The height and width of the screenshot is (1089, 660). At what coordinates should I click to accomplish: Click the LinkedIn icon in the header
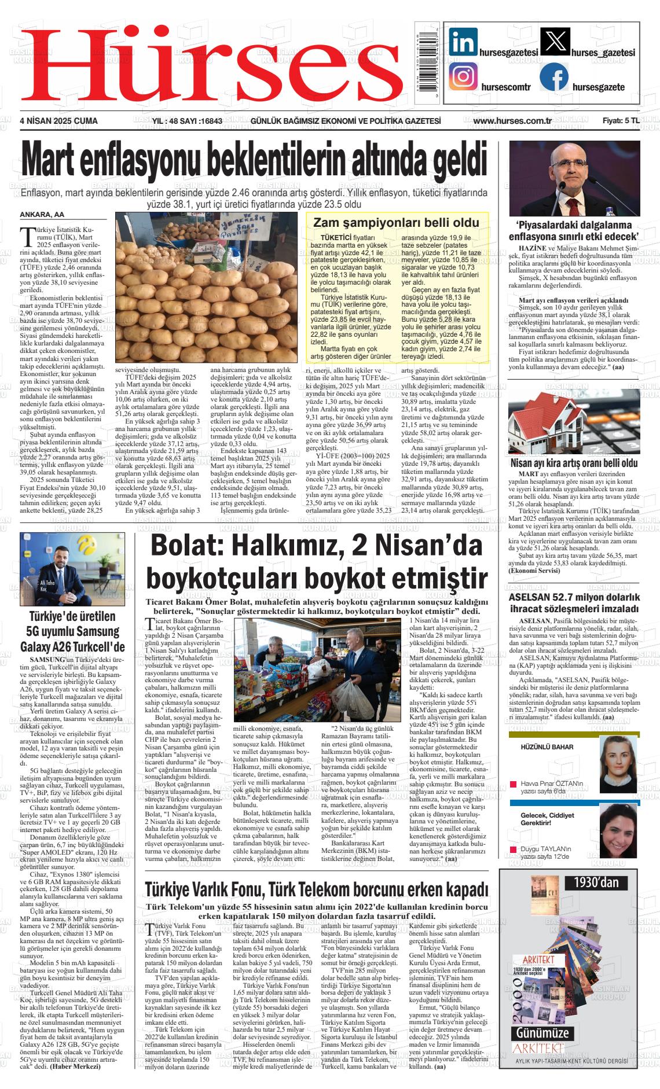(463, 42)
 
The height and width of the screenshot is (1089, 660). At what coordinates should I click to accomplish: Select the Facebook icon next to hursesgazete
(553, 77)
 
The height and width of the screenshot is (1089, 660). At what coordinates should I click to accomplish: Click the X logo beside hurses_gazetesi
(555, 42)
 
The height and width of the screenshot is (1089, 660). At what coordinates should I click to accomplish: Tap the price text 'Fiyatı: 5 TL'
(621, 121)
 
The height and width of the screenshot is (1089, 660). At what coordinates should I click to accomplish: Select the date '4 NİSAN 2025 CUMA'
(58, 121)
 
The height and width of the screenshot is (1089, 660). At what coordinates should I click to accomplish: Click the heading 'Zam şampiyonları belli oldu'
(396, 223)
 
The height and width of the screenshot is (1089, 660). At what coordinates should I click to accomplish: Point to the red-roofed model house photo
(573, 426)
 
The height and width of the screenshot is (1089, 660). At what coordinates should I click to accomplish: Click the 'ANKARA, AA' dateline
(42, 215)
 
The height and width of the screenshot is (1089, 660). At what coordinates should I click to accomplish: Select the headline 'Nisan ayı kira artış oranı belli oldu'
(574, 463)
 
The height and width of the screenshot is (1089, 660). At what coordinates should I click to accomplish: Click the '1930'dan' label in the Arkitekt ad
(596, 883)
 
